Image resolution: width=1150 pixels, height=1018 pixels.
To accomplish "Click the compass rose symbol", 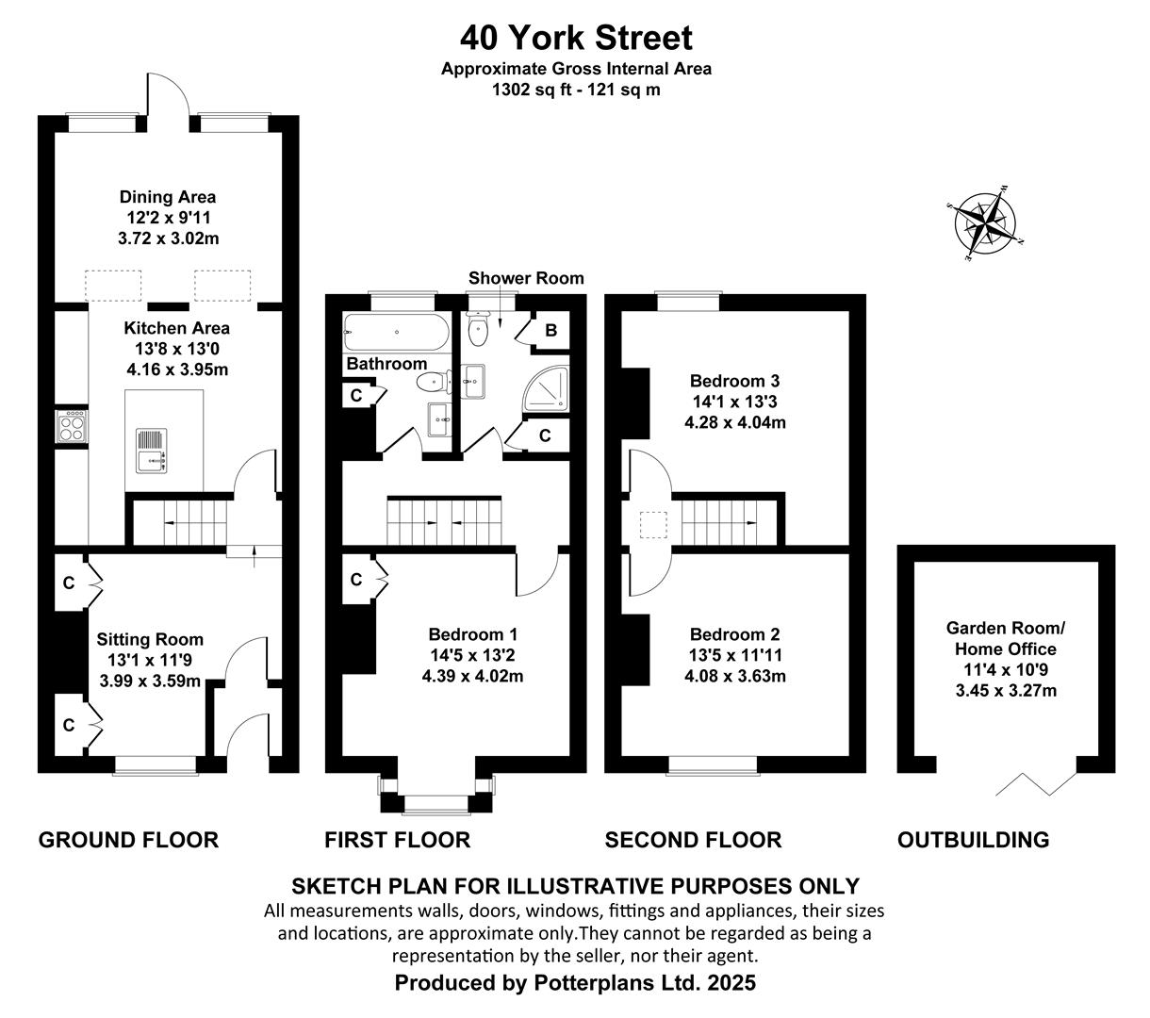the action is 984,222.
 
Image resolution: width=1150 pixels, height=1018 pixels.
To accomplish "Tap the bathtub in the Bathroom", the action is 396,332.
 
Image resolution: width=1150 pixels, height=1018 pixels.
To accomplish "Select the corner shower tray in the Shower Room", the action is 546,388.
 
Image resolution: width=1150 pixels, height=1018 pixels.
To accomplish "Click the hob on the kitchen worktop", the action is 72,426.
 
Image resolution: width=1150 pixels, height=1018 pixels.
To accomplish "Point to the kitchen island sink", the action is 152,451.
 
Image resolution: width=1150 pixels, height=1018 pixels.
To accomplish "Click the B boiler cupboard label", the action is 550,330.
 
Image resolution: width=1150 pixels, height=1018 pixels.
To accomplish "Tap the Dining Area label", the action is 168,197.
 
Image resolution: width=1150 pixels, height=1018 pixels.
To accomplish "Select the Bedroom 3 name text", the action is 734,381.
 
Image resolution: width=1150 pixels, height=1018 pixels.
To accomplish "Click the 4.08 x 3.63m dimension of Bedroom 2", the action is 735,676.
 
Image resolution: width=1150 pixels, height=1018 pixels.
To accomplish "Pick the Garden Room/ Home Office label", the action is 1005,638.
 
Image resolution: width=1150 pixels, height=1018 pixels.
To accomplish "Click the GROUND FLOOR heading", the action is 128,840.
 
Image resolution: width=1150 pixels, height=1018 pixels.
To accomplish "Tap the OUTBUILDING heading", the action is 974,840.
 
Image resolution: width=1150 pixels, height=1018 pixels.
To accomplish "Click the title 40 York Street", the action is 576,38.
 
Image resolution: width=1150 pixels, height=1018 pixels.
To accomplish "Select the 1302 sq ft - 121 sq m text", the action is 576,90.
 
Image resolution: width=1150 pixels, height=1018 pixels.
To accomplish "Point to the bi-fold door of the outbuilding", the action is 1036,783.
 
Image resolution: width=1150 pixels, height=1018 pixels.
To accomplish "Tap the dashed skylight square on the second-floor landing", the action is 652,525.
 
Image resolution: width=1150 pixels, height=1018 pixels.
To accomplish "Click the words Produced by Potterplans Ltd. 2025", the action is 575,983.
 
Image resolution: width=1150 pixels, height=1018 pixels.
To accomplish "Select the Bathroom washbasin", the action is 438,419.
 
